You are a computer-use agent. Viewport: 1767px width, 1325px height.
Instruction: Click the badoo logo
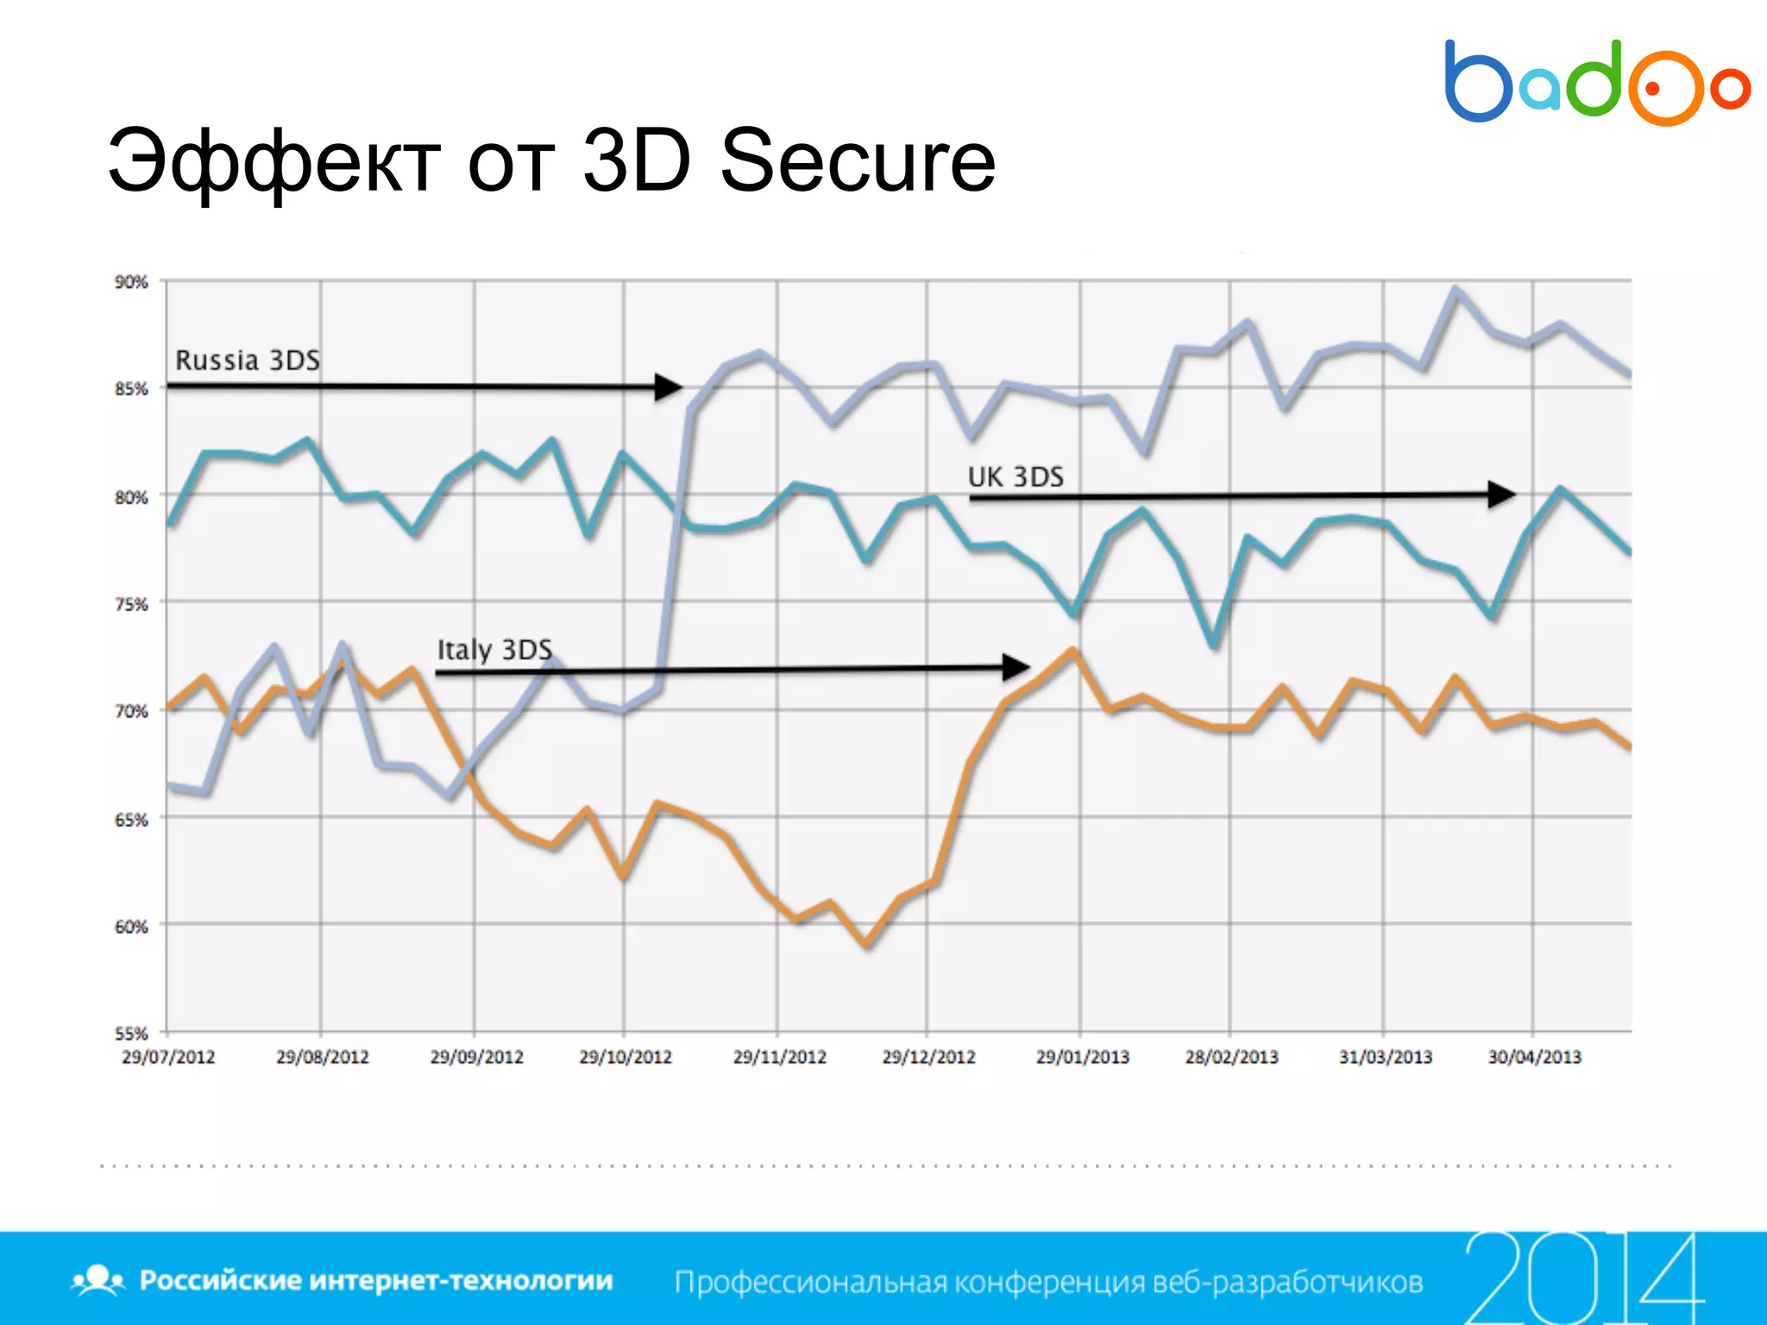point(1596,82)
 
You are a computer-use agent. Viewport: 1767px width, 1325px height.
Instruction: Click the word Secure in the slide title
point(858,160)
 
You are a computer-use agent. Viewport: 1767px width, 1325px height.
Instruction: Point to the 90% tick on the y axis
point(131,282)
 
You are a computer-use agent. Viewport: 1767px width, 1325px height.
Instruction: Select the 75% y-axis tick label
point(131,604)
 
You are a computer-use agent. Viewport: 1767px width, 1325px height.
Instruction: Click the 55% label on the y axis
point(131,1033)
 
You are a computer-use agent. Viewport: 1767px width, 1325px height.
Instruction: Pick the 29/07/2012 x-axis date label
point(168,1057)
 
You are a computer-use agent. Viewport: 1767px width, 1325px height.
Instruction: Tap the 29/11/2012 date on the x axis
point(779,1057)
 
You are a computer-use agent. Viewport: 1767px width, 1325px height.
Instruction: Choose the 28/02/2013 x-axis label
point(1231,1057)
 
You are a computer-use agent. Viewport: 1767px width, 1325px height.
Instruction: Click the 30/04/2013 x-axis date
point(1534,1057)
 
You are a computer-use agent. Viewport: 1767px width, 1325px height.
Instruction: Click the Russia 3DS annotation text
point(248,360)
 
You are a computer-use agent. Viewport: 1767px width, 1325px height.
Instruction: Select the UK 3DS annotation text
point(1016,476)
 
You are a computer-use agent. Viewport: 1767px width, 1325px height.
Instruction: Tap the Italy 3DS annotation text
point(494,649)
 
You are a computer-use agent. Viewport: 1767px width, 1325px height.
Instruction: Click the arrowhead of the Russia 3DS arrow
point(669,386)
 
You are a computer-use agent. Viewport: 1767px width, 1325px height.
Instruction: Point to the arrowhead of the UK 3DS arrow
point(1502,494)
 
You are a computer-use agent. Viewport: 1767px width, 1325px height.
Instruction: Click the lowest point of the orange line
point(867,945)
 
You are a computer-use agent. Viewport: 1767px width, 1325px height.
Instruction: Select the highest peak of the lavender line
point(1456,290)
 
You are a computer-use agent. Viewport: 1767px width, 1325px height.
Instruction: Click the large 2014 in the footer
point(1583,1278)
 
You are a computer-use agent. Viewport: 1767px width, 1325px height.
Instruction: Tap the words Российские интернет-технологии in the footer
point(375,1280)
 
